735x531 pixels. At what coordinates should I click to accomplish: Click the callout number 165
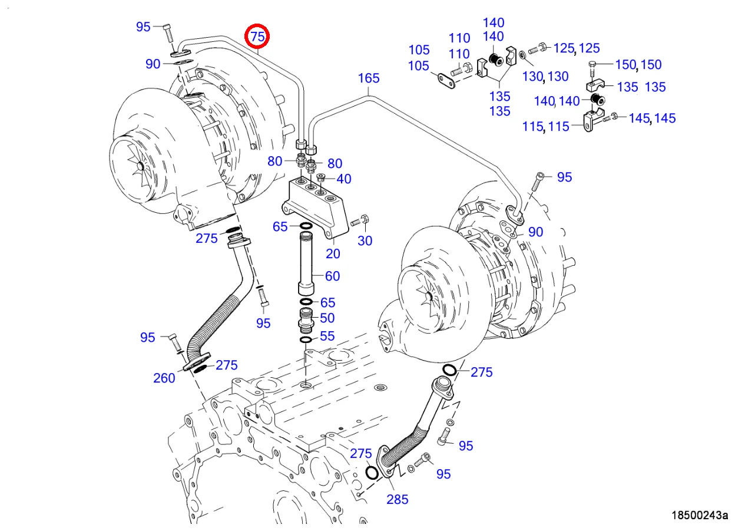tap(369, 78)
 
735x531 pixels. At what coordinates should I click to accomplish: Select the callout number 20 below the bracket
tap(333, 253)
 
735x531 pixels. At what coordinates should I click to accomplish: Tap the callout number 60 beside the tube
tap(333, 276)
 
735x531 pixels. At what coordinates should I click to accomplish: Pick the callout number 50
tap(327, 318)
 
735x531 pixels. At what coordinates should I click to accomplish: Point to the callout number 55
tap(327, 337)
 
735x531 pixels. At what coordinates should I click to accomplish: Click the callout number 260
tap(164, 378)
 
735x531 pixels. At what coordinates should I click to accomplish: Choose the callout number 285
tap(398, 499)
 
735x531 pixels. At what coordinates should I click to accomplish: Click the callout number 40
tap(344, 179)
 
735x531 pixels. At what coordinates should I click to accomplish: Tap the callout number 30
tap(365, 240)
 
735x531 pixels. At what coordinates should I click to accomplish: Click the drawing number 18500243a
tap(699, 515)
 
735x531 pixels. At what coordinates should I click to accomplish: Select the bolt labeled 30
tap(359, 223)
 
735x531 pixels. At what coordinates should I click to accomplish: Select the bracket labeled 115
tap(590, 121)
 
